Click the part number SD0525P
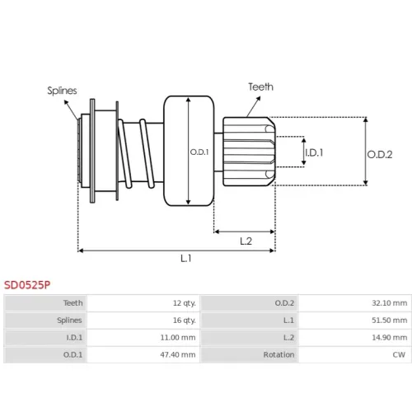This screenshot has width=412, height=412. click(x=27, y=285)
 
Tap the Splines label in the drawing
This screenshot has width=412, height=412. click(x=62, y=91)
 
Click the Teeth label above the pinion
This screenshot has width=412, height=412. click(x=261, y=87)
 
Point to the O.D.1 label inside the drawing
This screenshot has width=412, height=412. click(x=199, y=152)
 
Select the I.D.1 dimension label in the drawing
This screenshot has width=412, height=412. click(x=314, y=152)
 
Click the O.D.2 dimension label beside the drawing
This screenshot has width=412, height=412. click(x=380, y=154)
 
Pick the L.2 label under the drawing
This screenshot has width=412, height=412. click(x=246, y=241)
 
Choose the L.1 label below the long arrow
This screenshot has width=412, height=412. click(x=186, y=258)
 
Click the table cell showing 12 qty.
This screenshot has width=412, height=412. click(x=185, y=303)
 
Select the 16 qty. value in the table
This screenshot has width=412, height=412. click(x=185, y=321)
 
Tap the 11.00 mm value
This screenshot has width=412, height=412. click(x=178, y=337)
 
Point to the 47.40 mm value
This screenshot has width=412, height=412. click(x=178, y=354)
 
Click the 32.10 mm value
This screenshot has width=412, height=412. click(x=390, y=303)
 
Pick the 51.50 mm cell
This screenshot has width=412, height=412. click(x=390, y=321)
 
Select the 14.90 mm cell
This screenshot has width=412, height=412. click(x=390, y=337)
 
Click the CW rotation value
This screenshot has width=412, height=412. click(x=399, y=354)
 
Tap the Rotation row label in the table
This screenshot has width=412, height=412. click(x=279, y=354)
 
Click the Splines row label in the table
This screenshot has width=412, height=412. click(x=69, y=321)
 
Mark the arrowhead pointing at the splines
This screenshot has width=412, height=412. click(x=66, y=102)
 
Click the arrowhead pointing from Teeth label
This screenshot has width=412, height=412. click(x=259, y=98)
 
